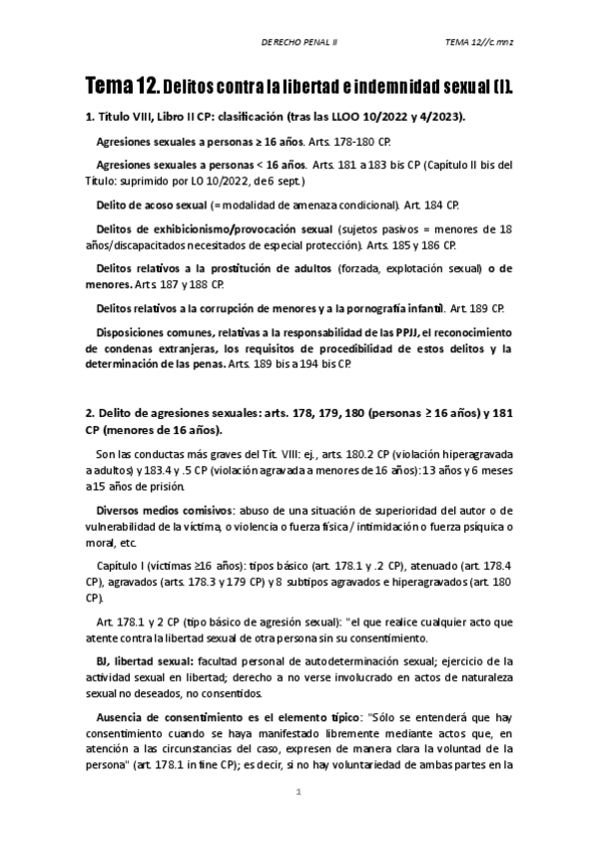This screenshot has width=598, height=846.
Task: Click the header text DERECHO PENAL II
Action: click(299, 42)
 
